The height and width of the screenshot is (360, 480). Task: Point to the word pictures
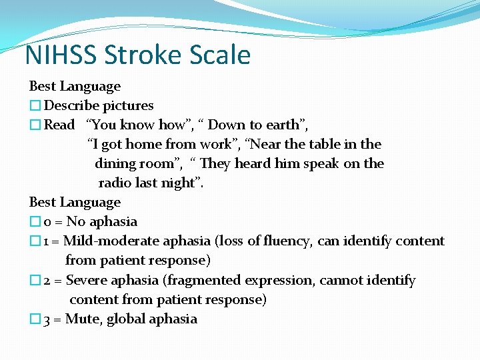pyautogui.click(x=128, y=105)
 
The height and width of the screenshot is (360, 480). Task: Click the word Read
pyautogui.click(x=59, y=125)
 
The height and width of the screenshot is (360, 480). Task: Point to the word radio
pyautogui.click(x=115, y=183)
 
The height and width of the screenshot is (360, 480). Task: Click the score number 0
pyautogui.click(x=47, y=222)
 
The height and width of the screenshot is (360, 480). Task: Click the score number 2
pyautogui.click(x=47, y=281)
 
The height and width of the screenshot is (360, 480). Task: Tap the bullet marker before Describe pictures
pyautogui.click(x=35, y=106)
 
